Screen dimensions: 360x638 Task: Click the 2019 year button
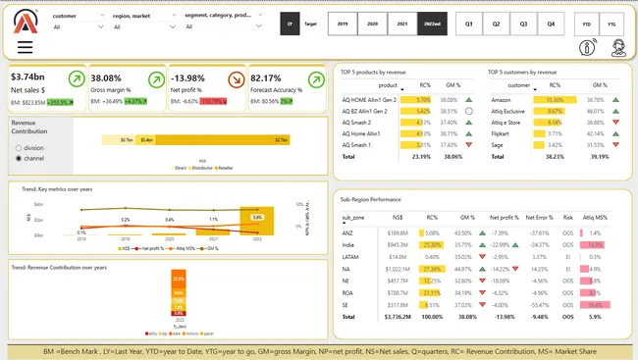342,23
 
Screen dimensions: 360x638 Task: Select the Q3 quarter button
523,23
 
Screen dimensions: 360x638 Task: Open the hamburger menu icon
25,47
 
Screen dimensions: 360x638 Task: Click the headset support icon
618,47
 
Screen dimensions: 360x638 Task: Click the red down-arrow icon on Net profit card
237,79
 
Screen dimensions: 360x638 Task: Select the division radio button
19,146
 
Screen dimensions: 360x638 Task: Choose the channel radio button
19,157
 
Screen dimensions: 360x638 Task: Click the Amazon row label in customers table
501,100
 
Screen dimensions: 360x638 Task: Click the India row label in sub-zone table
347,244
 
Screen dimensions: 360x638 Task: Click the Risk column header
567,217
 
